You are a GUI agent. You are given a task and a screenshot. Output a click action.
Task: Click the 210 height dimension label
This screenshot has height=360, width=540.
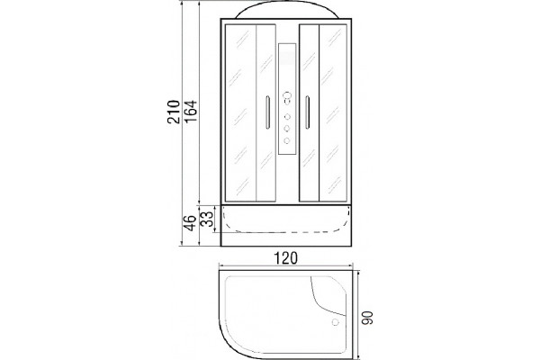(x=174, y=112)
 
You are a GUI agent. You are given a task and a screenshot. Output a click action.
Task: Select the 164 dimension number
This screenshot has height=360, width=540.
(x=190, y=111)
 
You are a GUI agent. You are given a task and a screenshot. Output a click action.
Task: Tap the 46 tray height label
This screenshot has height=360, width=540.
(x=190, y=222)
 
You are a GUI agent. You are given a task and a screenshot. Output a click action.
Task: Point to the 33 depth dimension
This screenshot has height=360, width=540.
(x=207, y=219)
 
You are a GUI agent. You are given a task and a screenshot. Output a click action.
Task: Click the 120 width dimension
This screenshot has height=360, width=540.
(x=285, y=258)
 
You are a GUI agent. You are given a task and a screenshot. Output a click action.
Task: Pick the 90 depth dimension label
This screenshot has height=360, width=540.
(x=367, y=318)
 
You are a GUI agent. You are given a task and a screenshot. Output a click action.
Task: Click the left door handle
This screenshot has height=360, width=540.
(x=267, y=112)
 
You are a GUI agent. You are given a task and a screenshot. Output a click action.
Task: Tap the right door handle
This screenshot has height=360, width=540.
(x=307, y=112)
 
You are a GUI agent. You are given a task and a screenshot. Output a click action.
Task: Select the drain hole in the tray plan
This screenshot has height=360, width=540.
(x=335, y=322)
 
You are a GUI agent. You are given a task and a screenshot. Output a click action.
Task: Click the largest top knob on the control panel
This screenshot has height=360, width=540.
(x=287, y=95)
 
